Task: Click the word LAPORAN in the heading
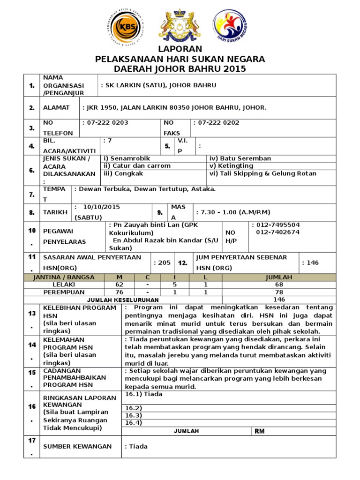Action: [x=180, y=49]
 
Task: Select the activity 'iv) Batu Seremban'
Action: [x=240, y=158]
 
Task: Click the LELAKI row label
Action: [x=63, y=285]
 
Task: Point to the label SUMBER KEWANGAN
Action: [x=77, y=446]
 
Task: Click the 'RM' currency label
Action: [x=260, y=431]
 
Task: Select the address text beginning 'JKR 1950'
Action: [x=174, y=108]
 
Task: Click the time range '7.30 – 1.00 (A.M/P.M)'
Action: [x=233, y=212]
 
